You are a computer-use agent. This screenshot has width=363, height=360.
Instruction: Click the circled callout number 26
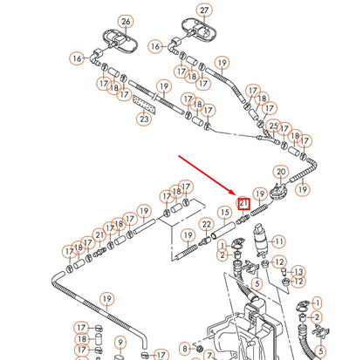pos(125,21)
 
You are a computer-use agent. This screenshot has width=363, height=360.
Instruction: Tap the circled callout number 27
pos(204,11)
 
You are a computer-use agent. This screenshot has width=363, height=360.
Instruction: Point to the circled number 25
pos(273,127)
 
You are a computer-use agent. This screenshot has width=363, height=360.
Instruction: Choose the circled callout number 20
pos(281,173)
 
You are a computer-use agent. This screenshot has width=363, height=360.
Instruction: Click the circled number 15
pos(224,212)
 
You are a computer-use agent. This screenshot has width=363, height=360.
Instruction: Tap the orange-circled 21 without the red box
pos(99,235)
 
